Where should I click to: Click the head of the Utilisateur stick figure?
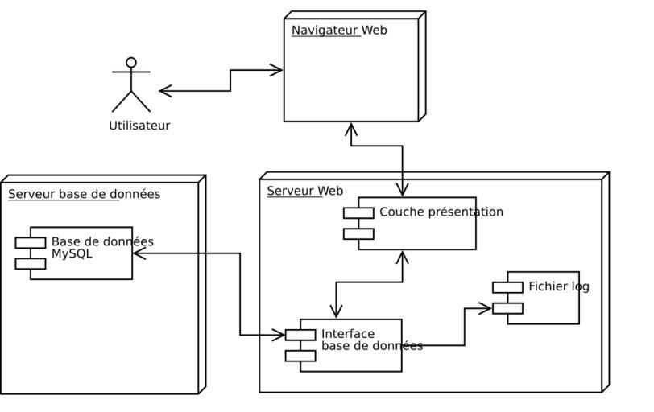pyautogui.click(x=131, y=62)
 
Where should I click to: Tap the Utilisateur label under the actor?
pyautogui.click(x=139, y=126)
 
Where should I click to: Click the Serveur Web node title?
pyautogui.click(x=304, y=192)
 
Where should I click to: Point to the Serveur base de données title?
pyautogui.click(x=84, y=194)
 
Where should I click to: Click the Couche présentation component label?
pyautogui.click(x=441, y=212)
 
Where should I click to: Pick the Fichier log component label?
pyautogui.click(x=558, y=286)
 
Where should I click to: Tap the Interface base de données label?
pyautogui.click(x=371, y=340)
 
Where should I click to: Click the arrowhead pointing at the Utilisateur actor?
pyautogui.click(x=165, y=91)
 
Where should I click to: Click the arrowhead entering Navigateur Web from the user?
pyautogui.click(x=276, y=70)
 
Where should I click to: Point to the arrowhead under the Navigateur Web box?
pyautogui.click(x=350, y=129)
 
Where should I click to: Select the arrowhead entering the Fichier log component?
pyautogui.click(x=485, y=307)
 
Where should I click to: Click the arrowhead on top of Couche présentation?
pyautogui.click(x=402, y=191)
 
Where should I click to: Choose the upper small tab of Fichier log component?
pyautogui.click(x=507, y=287)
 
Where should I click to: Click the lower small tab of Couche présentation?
pyautogui.click(x=358, y=233)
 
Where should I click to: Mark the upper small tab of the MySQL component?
pyautogui.click(x=31, y=243)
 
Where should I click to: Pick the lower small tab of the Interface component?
pyautogui.click(x=300, y=356)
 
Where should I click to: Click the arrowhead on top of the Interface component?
pyautogui.click(x=336, y=312)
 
